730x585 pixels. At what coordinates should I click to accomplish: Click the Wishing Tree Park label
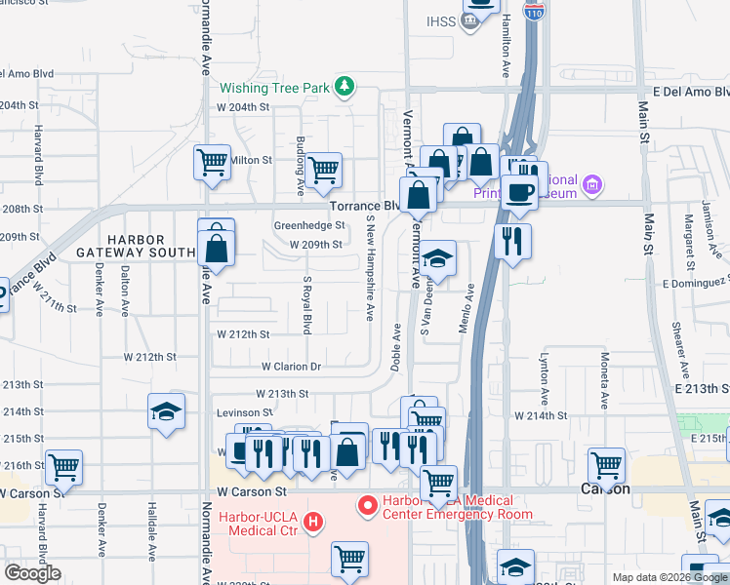(x=274, y=88)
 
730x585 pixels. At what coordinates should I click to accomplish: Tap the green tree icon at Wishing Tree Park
(x=344, y=88)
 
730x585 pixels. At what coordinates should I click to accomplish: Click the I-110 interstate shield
(x=533, y=12)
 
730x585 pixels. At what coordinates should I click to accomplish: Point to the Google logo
(x=33, y=573)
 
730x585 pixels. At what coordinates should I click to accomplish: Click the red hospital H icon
(x=313, y=523)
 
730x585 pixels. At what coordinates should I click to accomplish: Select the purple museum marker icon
(x=590, y=184)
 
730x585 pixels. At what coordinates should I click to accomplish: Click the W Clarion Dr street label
(x=291, y=367)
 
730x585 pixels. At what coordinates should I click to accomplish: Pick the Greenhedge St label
(x=308, y=225)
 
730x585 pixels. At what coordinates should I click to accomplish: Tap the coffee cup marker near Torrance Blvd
(x=519, y=191)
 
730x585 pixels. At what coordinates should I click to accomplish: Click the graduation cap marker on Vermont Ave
(x=438, y=258)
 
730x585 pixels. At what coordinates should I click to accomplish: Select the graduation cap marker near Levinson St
(x=167, y=411)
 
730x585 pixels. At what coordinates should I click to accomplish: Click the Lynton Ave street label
(x=544, y=381)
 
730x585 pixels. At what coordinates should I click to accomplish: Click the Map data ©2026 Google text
(x=669, y=577)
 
